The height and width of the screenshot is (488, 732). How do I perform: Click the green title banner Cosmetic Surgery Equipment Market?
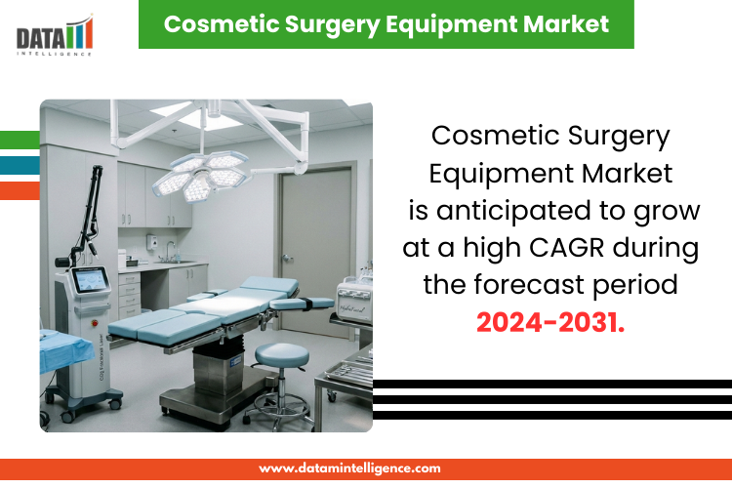(x=386, y=24)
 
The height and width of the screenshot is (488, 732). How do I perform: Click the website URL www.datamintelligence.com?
(x=349, y=468)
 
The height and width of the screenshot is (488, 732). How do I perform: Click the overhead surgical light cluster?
(x=200, y=172)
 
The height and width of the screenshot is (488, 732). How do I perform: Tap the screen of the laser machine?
(x=91, y=280)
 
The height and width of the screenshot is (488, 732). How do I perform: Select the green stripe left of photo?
(x=20, y=139)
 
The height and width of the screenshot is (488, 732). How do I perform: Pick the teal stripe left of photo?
(x=20, y=165)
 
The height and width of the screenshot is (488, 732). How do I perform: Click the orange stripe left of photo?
(x=20, y=190)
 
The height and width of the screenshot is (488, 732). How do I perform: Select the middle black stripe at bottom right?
(x=552, y=399)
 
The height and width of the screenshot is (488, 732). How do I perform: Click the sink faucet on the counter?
(x=167, y=253)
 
